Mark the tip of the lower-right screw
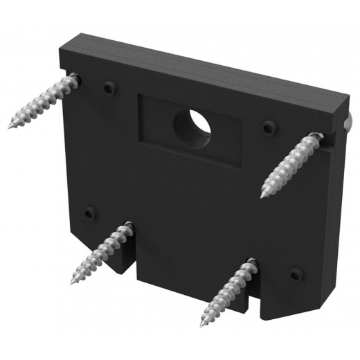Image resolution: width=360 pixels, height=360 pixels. [x=203, y=325]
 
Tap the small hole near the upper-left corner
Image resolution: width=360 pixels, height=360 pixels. [x=108, y=88]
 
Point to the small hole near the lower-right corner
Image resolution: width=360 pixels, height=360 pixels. [x=296, y=273]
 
